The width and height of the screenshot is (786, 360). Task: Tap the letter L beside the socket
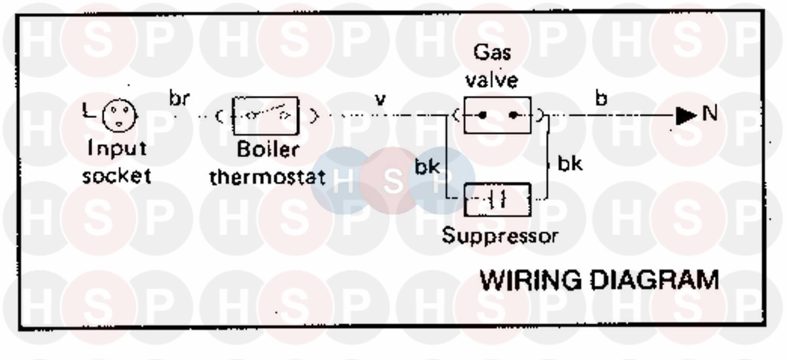pos(87,111)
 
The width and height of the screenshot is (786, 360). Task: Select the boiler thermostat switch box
pos(265,115)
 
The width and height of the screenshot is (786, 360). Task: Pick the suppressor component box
pos(497,200)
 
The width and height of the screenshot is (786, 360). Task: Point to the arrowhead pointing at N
pos(685,116)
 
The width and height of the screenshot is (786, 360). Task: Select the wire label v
pos(381,100)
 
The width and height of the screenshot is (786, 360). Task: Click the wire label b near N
pos(602,99)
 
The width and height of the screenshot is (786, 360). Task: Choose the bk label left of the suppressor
pos(427,168)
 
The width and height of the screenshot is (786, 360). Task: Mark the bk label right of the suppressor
pos(569,164)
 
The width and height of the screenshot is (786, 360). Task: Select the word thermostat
pos(267,177)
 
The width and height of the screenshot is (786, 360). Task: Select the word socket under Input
pos(117,176)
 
